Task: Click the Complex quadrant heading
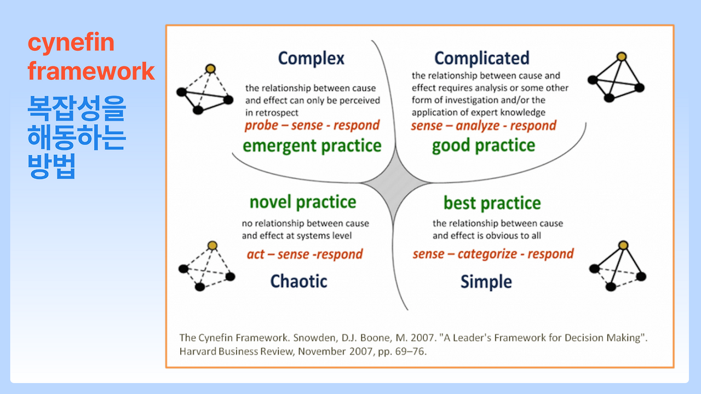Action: [311, 59]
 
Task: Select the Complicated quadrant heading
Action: [481, 58]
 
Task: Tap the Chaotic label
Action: [298, 281]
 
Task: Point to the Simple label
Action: [486, 282]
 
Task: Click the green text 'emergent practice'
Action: [312, 146]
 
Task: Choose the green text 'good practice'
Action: [484, 146]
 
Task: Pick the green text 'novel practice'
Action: [303, 202]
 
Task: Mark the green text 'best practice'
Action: [492, 203]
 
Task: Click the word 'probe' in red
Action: [261, 126]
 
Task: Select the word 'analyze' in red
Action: [478, 126]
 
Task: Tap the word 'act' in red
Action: [256, 254]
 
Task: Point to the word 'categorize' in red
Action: [487, 254]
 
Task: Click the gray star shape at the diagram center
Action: [395, 182]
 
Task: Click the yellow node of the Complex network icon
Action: [211, 68]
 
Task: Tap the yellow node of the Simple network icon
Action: [623, 245]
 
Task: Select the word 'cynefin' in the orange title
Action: [71, 43]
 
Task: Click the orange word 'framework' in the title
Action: [91, 71]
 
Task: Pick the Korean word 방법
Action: [51, 166]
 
